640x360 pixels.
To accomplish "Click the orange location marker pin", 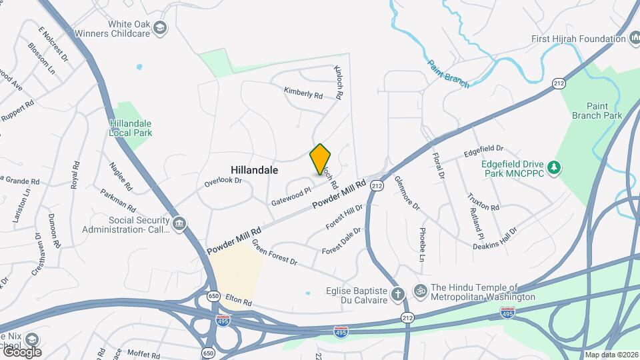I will click(321, 159).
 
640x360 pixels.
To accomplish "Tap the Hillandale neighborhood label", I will click(254, 171).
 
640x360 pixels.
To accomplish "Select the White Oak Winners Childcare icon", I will click(160, 28).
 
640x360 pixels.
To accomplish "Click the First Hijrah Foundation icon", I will click(633, 39).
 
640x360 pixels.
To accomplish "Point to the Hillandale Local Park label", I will click(131, 128).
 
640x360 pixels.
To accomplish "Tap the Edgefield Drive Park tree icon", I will click(553, 165).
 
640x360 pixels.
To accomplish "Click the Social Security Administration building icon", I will click(179, 225).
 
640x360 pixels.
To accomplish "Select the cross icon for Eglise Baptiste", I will click(397, 294).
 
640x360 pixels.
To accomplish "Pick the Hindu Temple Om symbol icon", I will click(421, 291).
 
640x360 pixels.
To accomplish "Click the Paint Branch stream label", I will click(448, 73).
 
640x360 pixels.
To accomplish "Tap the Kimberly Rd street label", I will click(303, 93).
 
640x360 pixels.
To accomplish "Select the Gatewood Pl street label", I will click(291, 196).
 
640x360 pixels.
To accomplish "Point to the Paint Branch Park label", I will click(596, 111).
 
